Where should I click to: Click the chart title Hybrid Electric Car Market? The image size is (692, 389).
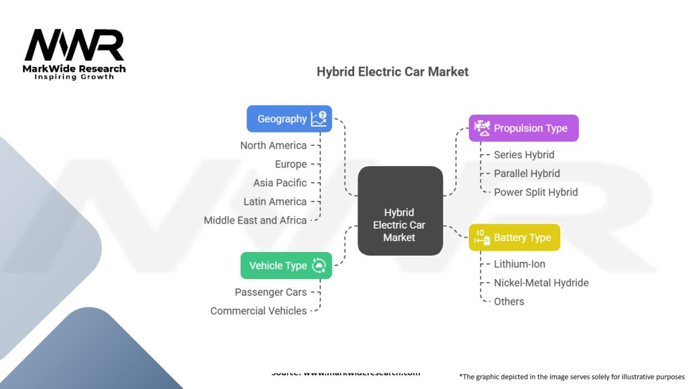coord(392,72)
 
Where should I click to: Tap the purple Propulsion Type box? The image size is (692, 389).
coord(524,128)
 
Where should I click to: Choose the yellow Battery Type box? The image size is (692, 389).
coord(514,238)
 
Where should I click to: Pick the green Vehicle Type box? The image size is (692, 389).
coord(287,265)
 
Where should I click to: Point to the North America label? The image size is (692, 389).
coord(273,145)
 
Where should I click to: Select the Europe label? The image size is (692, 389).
coord(291,164)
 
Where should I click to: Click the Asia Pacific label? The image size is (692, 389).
coord(280,183)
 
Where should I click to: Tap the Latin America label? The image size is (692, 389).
coord(275,201)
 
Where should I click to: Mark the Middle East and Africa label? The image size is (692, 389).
coord(255,220)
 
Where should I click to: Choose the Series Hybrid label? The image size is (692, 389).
coord(524,155)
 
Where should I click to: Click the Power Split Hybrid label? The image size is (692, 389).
coord(536,192)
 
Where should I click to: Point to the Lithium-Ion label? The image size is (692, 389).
coord(520,264)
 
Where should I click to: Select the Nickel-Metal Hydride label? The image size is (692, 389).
coord(541,282)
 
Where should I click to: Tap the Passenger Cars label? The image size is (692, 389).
coord(270,292)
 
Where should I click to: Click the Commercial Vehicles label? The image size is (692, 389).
coord(258,311)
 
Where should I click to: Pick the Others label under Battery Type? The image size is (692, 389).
coord(509,301)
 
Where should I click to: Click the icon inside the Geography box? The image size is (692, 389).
coord(318,119)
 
